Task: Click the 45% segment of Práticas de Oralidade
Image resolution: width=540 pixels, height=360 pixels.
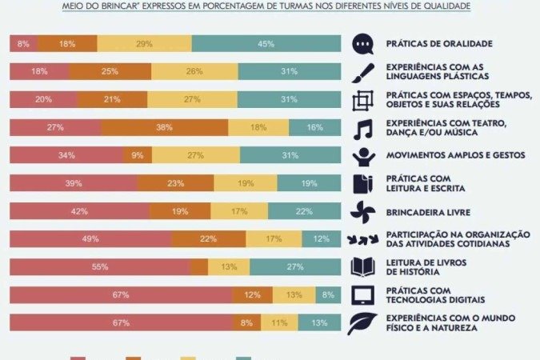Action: point(266,43)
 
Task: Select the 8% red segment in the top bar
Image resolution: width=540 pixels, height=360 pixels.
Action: point(23,43)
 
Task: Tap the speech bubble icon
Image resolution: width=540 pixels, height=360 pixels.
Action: point(364,43)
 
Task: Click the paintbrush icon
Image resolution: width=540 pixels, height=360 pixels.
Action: point(364,71)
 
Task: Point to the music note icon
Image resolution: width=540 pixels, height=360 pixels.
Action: point(364,128)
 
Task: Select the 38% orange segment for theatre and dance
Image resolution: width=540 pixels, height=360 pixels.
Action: point(164,127)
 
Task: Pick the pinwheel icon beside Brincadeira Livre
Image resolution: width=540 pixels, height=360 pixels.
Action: point(364,211)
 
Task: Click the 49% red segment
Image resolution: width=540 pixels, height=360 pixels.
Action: point(90,239)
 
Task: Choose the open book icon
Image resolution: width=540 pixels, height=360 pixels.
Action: point(364,266)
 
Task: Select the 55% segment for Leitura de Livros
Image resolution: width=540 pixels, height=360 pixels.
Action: point(100,266)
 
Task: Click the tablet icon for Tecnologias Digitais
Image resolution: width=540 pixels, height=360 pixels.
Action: point(364,295)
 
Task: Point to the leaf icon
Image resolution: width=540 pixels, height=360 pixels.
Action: point(364,323)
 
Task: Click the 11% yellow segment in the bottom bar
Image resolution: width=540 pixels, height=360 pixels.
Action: point(279,322)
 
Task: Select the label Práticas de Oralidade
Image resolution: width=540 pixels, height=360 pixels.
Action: point(438,43)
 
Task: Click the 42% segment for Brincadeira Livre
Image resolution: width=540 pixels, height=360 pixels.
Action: point(79,211)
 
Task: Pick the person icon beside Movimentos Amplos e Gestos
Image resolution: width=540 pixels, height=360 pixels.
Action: point(364,155)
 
